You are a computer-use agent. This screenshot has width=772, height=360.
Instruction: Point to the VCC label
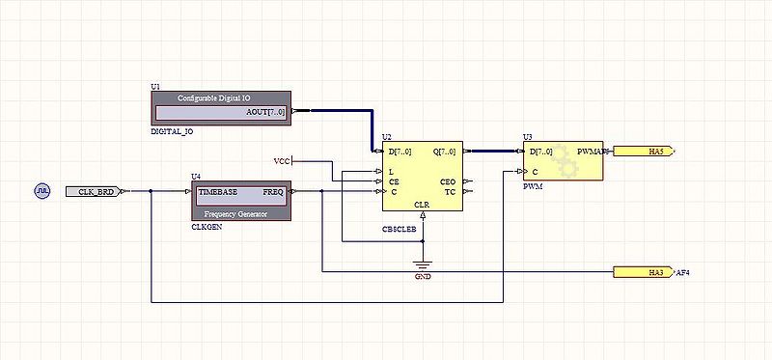282,160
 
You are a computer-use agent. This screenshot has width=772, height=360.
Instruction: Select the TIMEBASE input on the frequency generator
217,192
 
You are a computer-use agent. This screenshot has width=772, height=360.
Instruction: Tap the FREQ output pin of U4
273,192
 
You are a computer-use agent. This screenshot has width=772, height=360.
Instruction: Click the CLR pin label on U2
422,205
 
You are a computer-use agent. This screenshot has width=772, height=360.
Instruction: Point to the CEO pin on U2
448,180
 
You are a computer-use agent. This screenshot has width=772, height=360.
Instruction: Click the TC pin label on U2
450,191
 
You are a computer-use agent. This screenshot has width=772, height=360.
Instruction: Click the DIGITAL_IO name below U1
175,130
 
